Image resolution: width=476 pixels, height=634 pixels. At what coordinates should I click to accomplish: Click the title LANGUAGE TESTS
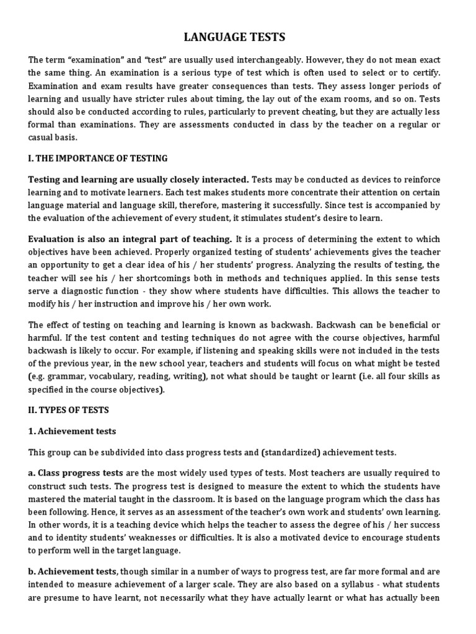pyautogui.click(x=235, y=38)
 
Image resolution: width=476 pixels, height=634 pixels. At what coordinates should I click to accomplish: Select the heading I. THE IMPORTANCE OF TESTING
pyautogui.click(x=98, y=158)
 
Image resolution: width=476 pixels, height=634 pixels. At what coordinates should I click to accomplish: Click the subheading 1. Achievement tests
pyautogui.click(x=72, y=431)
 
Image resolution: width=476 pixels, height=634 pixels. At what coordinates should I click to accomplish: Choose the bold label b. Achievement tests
pyautogui.click(x=74, y=571)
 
